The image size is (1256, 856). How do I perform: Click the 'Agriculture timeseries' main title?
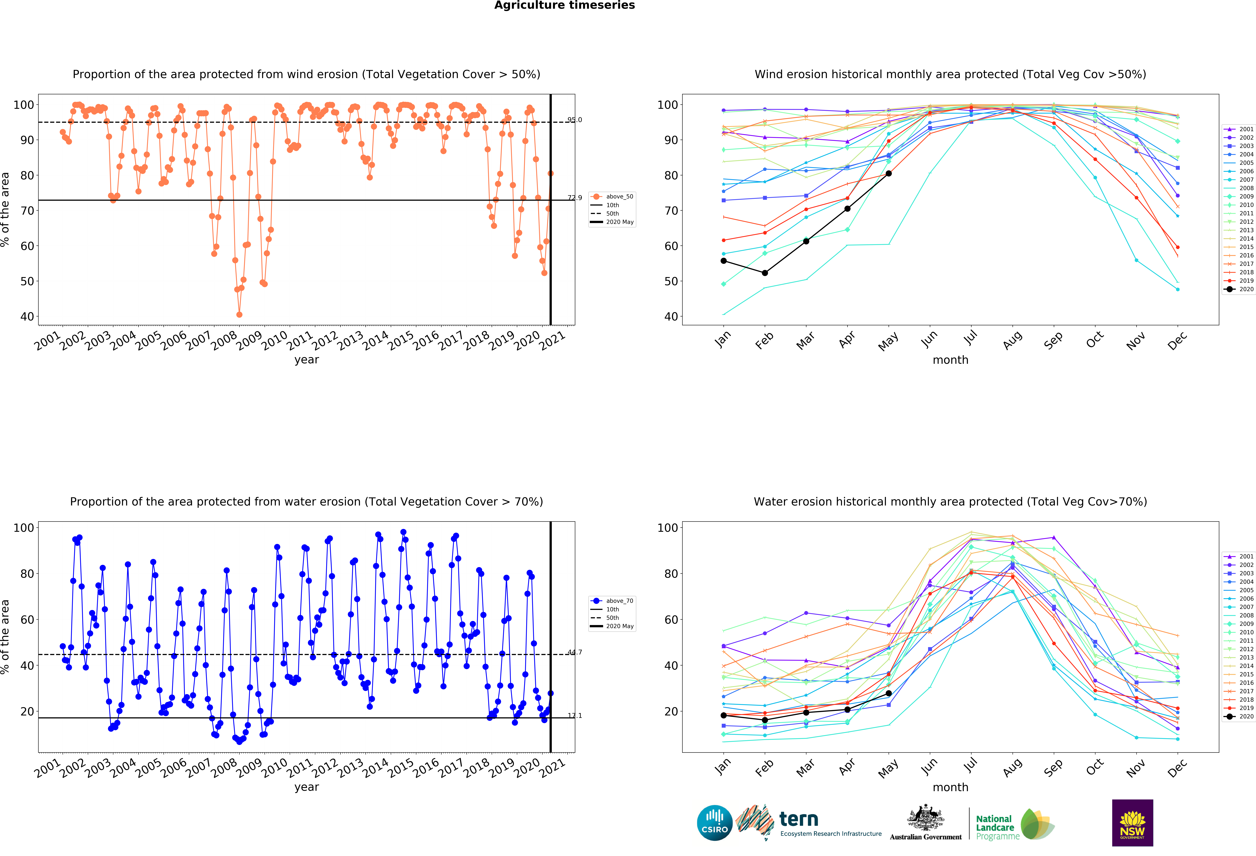pos(565,5)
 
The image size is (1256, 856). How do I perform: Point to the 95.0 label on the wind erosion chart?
pos(574,120)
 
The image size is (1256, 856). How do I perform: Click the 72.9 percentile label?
pos(574,198)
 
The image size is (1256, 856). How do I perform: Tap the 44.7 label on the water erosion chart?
pos(574,652)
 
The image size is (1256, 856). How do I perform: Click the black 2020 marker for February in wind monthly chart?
pos(765,273)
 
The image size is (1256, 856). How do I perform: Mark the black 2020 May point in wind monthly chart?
pos(888,174)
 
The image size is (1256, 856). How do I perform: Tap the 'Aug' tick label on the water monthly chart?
pos(1012,767)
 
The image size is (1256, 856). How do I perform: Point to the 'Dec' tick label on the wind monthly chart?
pos(1177,340)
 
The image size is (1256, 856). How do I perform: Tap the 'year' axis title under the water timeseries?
pos(306,787)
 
